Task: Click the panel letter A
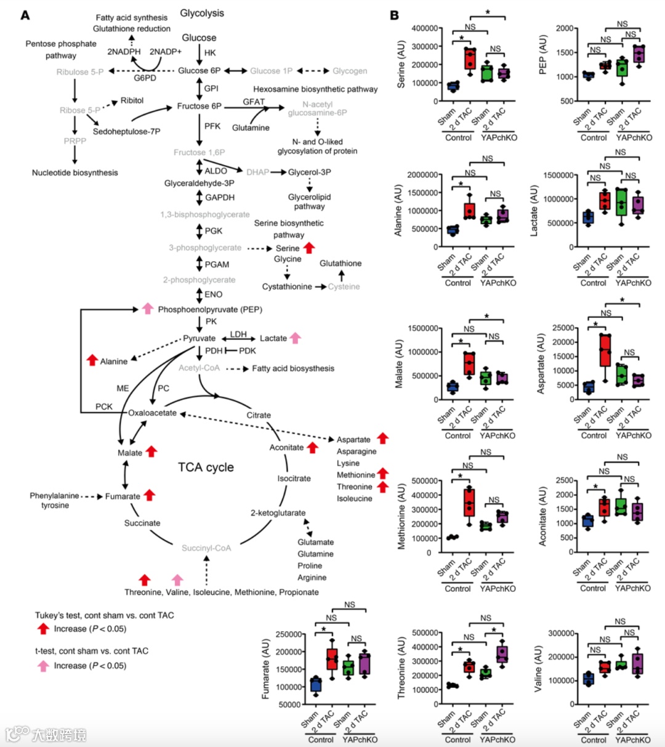point(25,15)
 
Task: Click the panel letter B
point(395,15)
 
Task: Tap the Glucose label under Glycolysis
point(199,38)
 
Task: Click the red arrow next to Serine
point(309,248)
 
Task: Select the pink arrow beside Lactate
point(296,337)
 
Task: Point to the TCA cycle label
point(206,467)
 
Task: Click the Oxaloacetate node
point(152,413)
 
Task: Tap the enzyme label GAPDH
point(220,198)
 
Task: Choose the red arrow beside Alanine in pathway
point(92,360)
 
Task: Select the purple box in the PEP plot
point(638,54)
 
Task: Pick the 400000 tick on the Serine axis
point(425,28)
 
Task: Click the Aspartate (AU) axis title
point(541,363)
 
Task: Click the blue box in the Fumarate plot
point(316,684)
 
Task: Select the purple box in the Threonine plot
point(503,655)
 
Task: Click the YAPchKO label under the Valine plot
point(632,740)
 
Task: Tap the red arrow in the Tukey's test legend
point(43,629)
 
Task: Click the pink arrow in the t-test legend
point(43,665)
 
